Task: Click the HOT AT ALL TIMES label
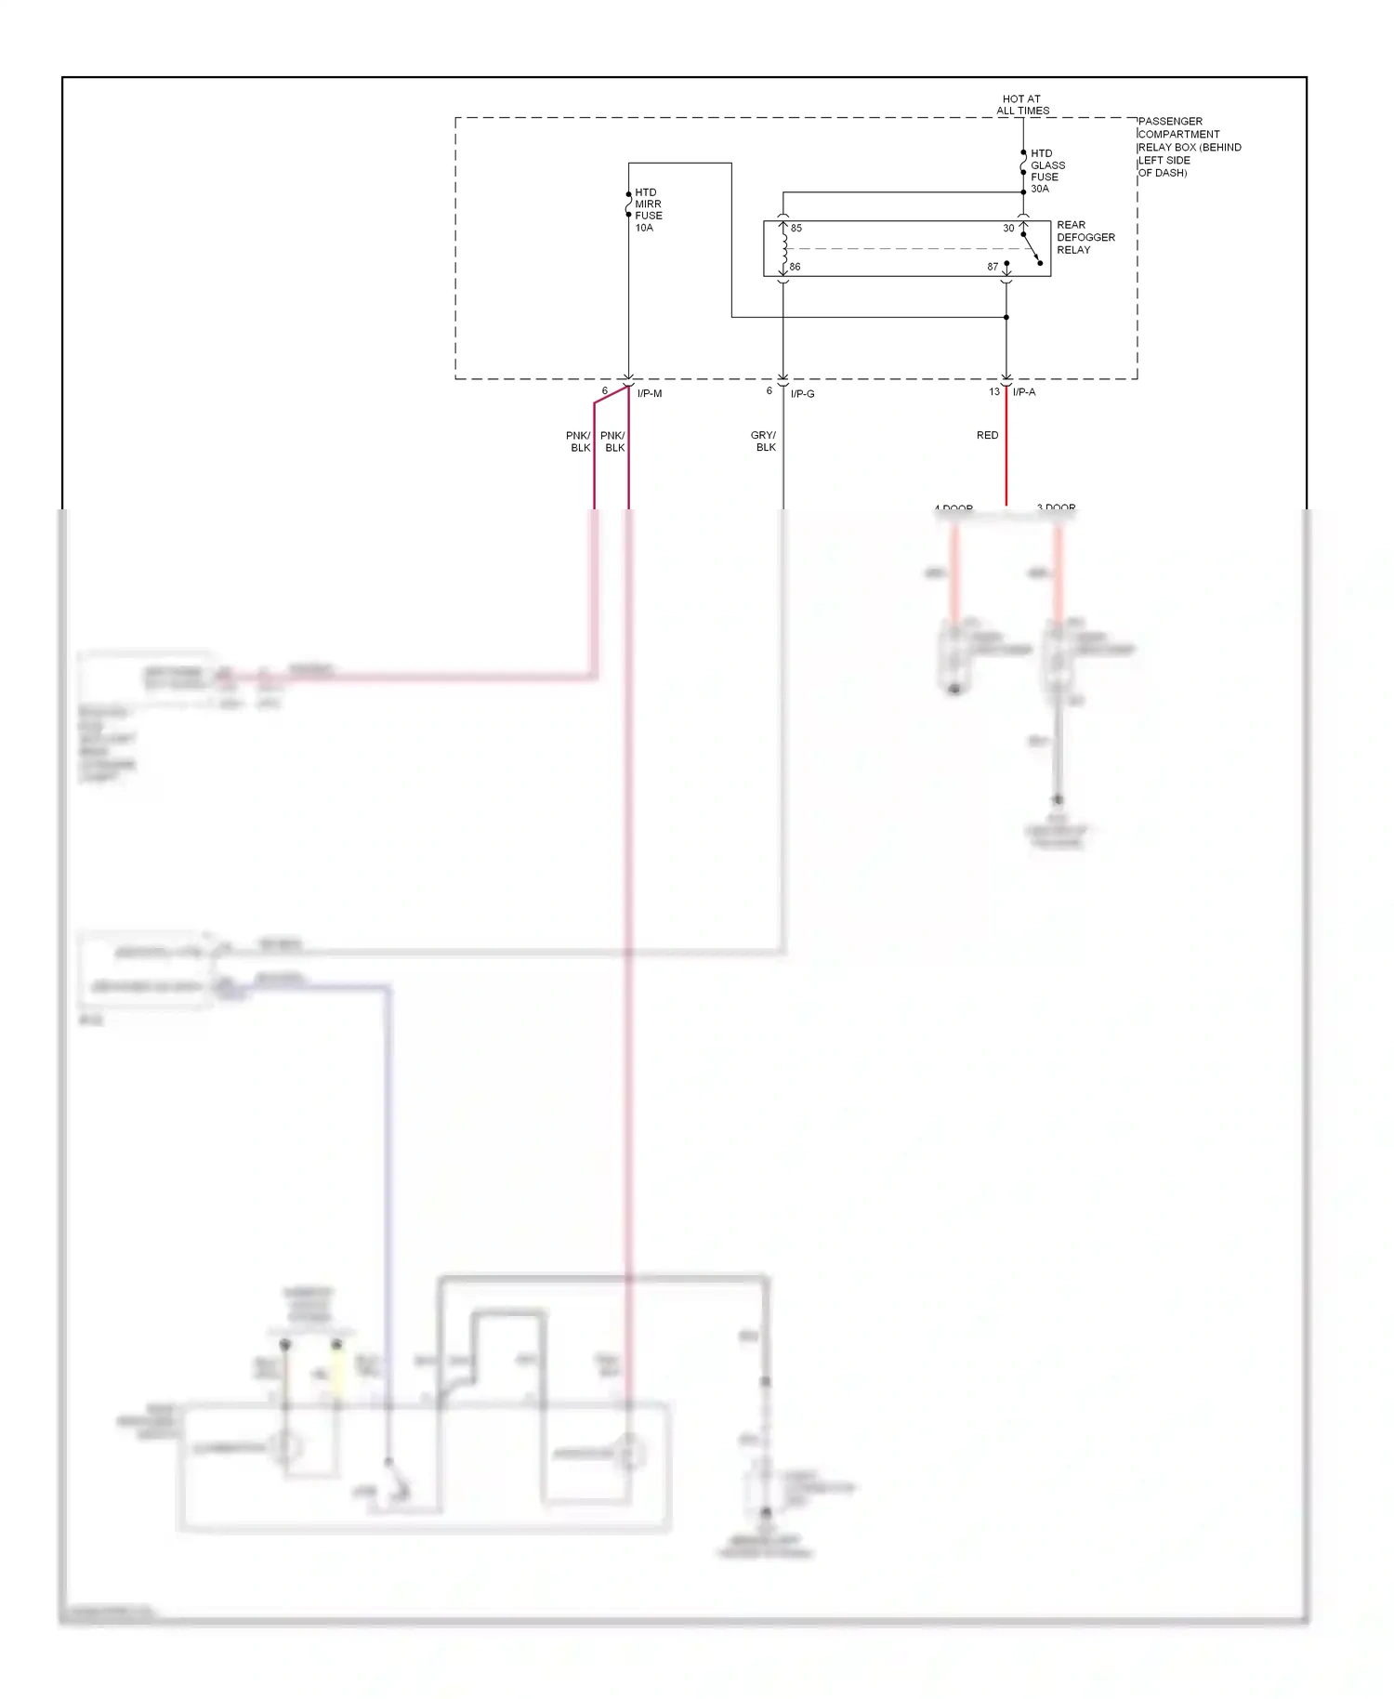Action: tap(1022, 104)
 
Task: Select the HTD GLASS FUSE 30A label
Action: tap(1046, 171)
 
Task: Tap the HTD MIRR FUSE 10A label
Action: tap(648, 210)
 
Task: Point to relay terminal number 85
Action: tap(796, 229)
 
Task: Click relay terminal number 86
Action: tap(795, 267)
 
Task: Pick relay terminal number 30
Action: tap(1008, 229)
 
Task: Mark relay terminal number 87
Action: tap(993, 267)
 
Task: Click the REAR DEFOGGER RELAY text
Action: tap(1085, 237)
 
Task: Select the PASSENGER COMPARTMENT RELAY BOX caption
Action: tap(1188, 147)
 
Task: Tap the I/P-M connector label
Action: tap(650, 394)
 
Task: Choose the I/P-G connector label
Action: tap(802, 394)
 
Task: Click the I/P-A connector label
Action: tap(1024, 392)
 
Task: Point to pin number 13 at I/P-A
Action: tap(994, 392)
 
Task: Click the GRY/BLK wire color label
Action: tap(764, 441)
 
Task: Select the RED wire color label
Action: tap(987, 435)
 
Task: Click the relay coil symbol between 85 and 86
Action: tap(784, 248)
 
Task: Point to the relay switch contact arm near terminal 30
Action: tap(1032, 248)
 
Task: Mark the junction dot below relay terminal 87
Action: tap(1006, 317)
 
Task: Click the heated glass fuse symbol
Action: tap(1023, 164)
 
